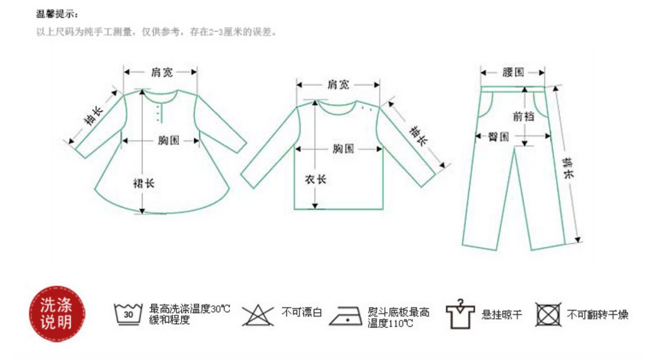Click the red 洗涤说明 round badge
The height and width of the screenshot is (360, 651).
(57, 314)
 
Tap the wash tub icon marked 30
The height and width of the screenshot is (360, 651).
(128, 314)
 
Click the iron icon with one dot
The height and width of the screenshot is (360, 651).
(346, 316)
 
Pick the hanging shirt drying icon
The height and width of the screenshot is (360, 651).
(460, 314)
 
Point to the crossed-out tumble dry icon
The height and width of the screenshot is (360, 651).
(548, 314)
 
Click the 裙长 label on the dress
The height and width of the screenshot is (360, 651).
(144, 183)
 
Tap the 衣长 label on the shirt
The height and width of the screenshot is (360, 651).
(315, 179)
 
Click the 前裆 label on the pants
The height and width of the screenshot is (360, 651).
(523, 116)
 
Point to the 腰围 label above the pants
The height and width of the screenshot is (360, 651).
(513, 72)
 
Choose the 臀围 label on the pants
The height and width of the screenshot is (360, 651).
(498, 137)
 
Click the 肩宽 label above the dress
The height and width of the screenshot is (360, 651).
(162, 72)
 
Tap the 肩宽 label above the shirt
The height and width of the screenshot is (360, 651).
(338, 85)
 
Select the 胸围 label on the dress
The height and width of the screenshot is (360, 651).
(168, 140)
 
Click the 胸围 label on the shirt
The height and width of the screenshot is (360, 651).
(343, 149)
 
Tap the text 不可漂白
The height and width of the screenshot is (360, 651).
(302, 313)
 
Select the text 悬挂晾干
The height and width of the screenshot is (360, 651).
(502, 314)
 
